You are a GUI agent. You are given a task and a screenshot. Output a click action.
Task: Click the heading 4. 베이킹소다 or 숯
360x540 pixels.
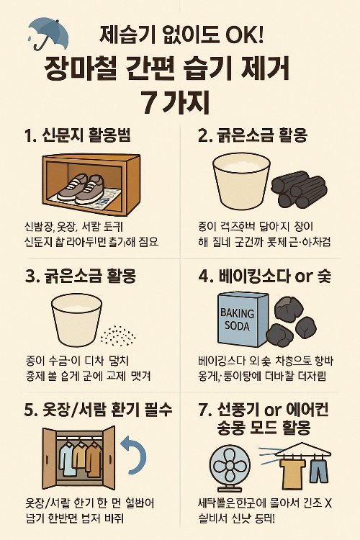click(264, 276)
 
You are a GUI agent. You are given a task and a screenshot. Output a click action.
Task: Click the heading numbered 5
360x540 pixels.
click(98, 411)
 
